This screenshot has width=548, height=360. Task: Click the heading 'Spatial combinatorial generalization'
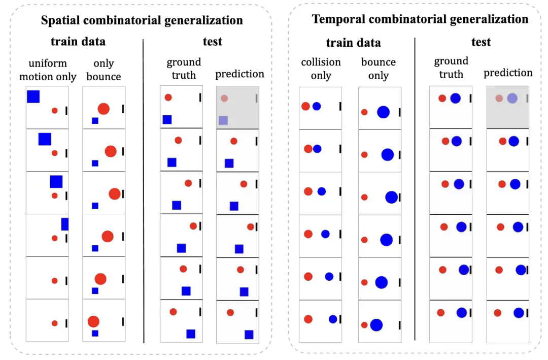142,20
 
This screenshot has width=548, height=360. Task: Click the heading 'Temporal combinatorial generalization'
420,19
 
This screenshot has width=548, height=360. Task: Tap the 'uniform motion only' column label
52,70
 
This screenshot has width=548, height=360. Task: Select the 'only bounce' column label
104,70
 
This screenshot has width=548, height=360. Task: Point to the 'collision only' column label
321,69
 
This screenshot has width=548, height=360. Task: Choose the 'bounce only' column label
379,69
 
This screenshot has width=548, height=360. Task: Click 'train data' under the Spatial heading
78,41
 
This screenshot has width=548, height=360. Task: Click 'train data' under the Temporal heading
353,43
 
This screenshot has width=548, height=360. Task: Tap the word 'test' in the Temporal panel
481,42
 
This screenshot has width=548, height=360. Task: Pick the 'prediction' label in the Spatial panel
239,74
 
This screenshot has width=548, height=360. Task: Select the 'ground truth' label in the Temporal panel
451,68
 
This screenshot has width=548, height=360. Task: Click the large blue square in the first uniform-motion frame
33,96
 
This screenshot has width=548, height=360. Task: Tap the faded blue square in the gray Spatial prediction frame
223,120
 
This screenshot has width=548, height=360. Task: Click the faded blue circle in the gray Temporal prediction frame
512,99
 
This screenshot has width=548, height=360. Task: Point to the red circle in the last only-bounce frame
93,321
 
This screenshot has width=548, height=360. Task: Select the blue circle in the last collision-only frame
333,319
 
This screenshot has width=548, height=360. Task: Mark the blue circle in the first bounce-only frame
383,112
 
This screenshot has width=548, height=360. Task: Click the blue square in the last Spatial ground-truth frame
191,334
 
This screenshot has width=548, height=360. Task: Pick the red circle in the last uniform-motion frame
55,323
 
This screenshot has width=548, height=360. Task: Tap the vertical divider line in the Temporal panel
415,188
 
